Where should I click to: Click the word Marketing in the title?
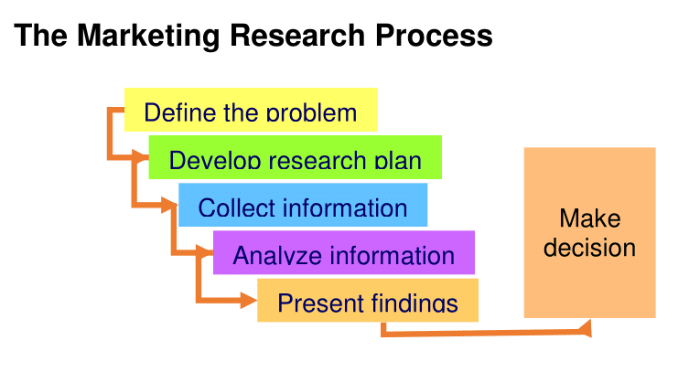coord(148,36)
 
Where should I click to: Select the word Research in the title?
coord(297,35)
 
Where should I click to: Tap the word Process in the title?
coord(434,35)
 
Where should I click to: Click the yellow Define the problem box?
coord(251,110)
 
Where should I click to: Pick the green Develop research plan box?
coord(296,157)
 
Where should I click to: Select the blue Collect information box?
coord(303,205)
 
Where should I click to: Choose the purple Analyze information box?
coord(344,252)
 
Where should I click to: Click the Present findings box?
coord(368,300)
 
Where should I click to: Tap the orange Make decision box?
coord(589,233)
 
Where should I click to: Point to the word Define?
coord(180,112)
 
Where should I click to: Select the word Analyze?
coord(277,256)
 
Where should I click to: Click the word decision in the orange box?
coord(589,248)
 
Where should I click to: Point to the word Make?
coord(590,218)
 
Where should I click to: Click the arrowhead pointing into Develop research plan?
coord(141,156)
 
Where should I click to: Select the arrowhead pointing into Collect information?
coord(169,205)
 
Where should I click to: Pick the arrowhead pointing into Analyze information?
coord(205,252)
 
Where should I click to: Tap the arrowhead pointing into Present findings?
coord(249,301)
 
